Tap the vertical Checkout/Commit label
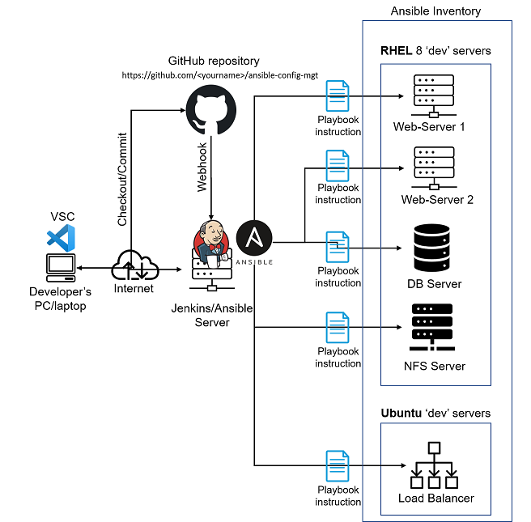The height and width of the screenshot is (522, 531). [122, 178]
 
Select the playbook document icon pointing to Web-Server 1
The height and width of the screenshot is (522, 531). [337, 95]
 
